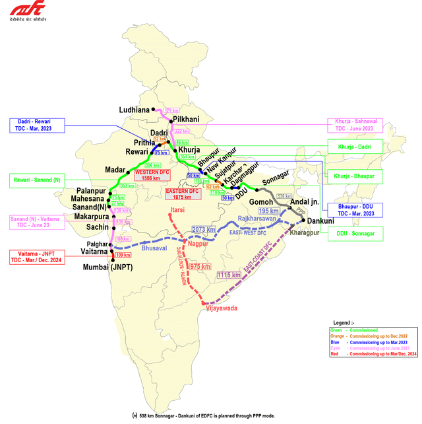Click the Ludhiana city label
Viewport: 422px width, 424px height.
[135, 110]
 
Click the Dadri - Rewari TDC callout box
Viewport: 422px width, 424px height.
[38, 125]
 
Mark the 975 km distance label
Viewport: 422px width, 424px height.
[199, 266]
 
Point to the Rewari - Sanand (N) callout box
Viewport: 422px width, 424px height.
[38, 180]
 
